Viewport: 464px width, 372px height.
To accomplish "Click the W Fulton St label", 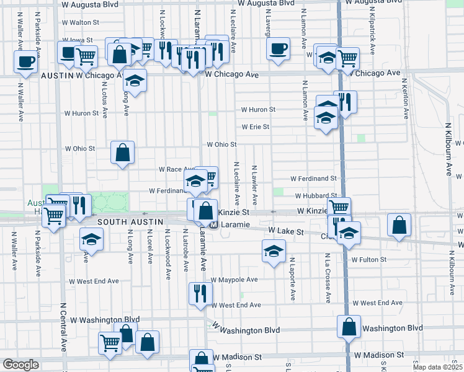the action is coord(368,259).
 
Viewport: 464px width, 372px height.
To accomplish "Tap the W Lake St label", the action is coord(286,231).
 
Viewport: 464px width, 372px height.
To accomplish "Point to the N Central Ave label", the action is coord(63,325).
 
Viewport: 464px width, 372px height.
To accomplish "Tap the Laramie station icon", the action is coord(213,224).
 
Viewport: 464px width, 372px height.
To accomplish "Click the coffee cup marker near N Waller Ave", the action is coord(25,61).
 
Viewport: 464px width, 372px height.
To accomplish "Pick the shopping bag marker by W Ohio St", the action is coord(122,152).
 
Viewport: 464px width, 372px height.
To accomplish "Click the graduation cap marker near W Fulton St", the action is coord(272,252).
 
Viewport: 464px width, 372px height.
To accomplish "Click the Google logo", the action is coord(20,365).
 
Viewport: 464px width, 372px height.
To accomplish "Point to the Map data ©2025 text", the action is coord(437,367).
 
